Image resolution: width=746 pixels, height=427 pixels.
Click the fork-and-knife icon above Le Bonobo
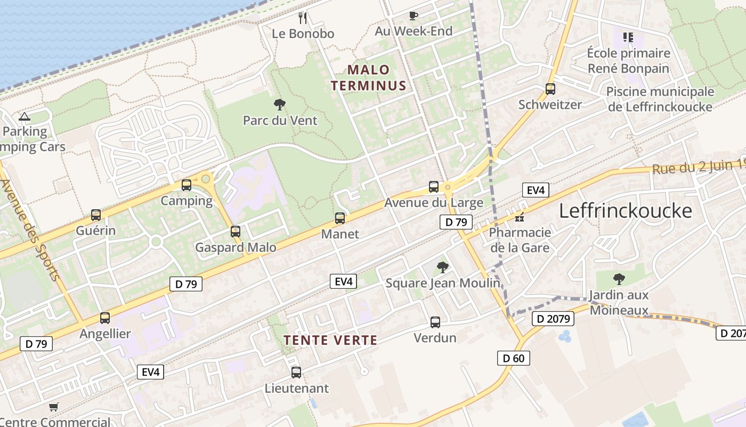[303, 18]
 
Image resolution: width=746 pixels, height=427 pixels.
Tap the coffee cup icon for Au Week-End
[413, 15]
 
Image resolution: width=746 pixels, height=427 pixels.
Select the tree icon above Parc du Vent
[279, 104]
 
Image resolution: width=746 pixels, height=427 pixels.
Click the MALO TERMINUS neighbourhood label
[368, 77]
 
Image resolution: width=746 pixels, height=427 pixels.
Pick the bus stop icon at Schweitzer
[550, 89]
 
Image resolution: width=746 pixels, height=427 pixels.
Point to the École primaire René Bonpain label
[628, 60]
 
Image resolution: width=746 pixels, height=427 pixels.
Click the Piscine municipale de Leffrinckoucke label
[660, 99]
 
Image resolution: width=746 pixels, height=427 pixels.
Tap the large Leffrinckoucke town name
[625, 211]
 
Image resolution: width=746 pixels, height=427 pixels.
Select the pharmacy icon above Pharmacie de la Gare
[520, 217]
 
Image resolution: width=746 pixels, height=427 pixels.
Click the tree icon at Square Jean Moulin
[442, 267]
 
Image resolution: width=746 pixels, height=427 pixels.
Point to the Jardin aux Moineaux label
[619, 302]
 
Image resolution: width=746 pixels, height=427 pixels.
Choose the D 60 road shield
[514, 358]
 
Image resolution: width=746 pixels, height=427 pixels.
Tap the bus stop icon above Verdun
[435, 322]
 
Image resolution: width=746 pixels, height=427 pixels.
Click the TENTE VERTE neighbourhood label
[330, 340]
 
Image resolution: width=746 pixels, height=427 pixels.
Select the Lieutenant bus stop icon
[296, 372]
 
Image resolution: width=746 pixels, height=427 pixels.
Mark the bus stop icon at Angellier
[105, 318]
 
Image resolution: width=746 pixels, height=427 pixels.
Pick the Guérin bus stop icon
[96, 215]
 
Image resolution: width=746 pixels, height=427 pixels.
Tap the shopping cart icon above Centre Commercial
[53, 407]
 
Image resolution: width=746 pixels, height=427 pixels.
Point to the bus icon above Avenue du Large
[434, 187]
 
